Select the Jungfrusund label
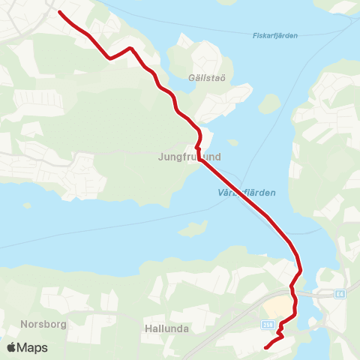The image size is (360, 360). coord(189,157)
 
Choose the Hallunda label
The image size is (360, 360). coord(166,328)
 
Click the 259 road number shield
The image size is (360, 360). coord(268,325)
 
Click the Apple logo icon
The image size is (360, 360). coord(11,347)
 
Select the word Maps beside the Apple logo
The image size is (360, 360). coord(33,347)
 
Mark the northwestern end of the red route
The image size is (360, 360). coord(59,13)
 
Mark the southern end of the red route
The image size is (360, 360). coord(266,347)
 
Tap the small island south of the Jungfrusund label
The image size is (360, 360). coord(193,227)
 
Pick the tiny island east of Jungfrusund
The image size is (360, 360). coord(233,142)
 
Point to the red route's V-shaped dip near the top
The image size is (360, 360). coord(109,57)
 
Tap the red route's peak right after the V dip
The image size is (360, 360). coord(130,48)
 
